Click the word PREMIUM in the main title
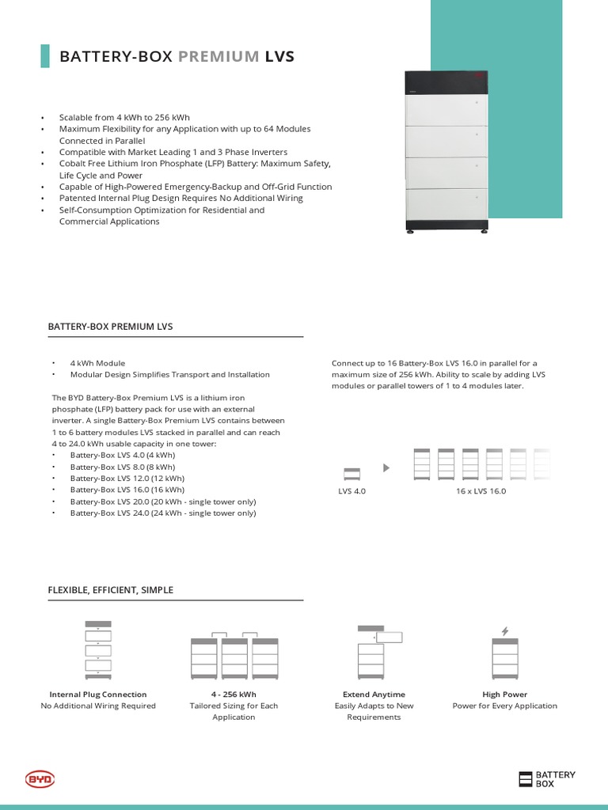(x=219, y=56)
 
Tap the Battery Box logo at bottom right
(x=547, y=779)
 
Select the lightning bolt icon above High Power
(x=505, y=630)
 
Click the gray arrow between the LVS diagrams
(x=386, y=468)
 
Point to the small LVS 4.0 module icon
(x=351, y=474)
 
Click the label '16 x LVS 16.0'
(x=481, y=491)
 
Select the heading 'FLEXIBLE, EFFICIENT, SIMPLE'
(x=111, y=590)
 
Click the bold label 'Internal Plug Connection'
(x=98, y=695)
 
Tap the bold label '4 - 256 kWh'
(x=234, y=695)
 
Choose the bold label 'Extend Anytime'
(x=374, y=695)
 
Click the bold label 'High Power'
(x=505, y=695)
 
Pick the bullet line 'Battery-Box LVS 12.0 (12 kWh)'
(x=127, y=479)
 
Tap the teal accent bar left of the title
(x=44, y=56)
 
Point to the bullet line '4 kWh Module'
(x=97, y=363)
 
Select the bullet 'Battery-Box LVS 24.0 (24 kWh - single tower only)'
(x=162, y=513)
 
